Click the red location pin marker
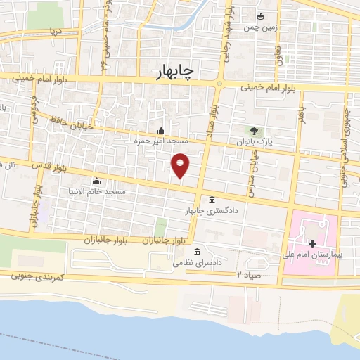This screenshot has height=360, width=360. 181,166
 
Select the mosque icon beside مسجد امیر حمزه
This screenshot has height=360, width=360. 162,130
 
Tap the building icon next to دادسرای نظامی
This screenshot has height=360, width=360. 196,252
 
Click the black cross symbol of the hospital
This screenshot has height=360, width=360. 312,243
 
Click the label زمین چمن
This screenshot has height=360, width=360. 257,28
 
